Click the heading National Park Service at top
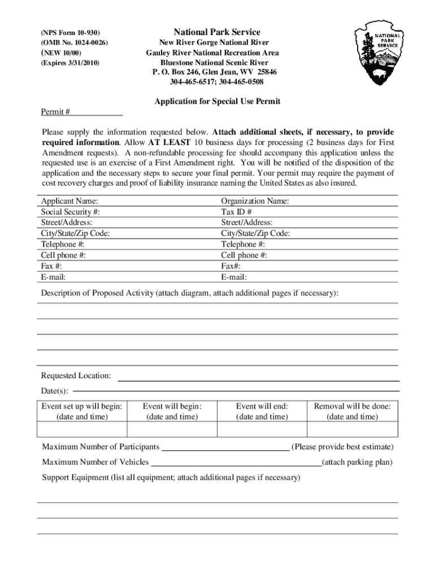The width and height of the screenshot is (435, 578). [217, 32]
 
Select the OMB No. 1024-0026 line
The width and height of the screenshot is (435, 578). [74, 43]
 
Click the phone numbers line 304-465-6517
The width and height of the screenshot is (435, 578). [217, 82]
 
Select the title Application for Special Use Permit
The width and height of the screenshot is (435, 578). [217, 102]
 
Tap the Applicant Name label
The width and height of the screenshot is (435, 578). [69, 201]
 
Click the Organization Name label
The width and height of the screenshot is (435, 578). [255, 201]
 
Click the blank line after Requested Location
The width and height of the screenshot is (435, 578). [259, 379]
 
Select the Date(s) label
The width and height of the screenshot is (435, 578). [55, 391]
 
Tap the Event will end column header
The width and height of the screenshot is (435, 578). [262, 406]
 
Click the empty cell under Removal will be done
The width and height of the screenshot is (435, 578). [352, 429]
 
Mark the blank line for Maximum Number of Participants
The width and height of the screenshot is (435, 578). [225, 450]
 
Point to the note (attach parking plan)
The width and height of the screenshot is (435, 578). [357, 462]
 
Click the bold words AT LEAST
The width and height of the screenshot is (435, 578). [169, 142]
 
